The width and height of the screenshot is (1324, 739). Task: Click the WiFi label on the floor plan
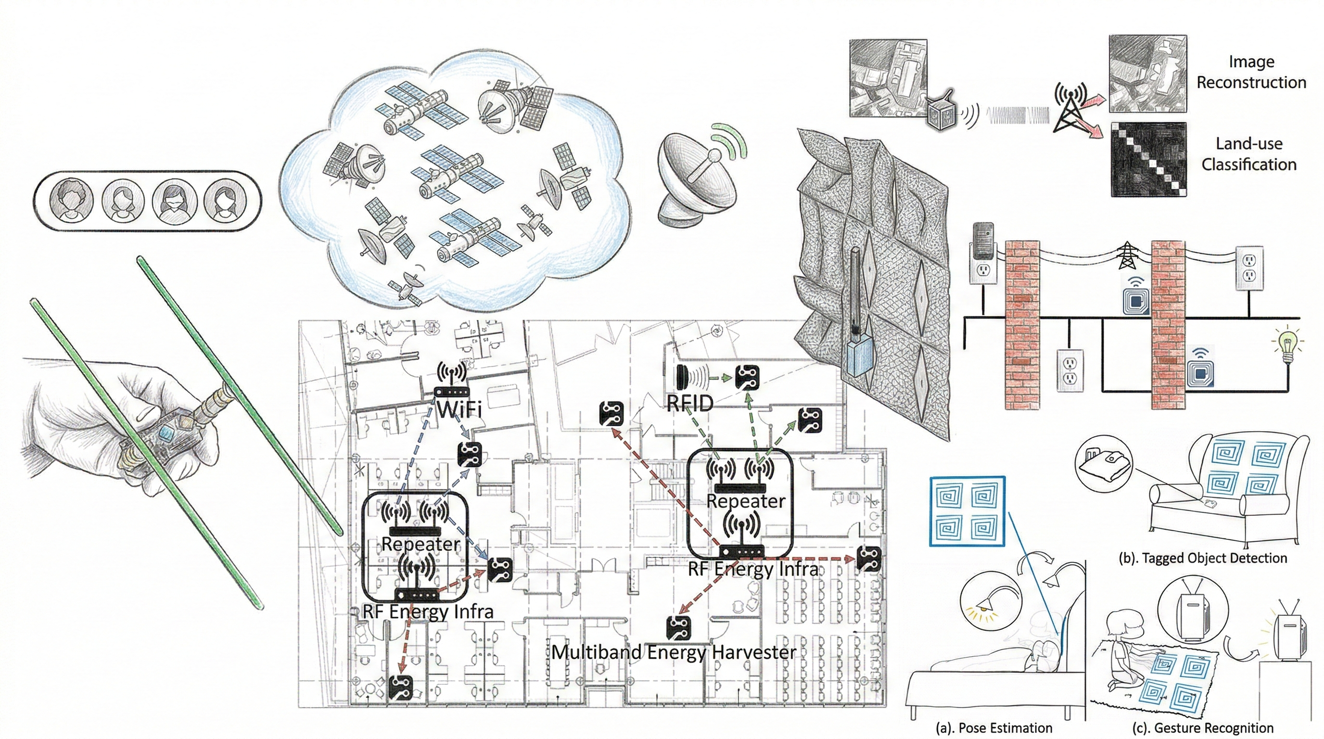click(x=459, y=409)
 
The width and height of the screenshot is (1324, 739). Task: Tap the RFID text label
click(x=690, y=404)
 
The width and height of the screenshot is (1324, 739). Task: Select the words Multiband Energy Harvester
click(x=674, y=652)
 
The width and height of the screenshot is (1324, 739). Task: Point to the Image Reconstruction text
click(x=1251, y=72)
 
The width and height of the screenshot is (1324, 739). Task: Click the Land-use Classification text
click(x=1249, y=153)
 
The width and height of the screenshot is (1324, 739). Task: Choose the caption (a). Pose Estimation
click(x=993, y=728)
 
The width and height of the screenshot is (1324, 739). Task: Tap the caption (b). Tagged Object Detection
click(x=1203, y=558)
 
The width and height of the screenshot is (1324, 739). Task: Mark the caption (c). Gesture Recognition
click(x=1203, y=728)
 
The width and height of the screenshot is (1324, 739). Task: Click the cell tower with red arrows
click(x=1070, y=108)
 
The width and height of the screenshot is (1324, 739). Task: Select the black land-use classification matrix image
click(x=1149, y=159)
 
